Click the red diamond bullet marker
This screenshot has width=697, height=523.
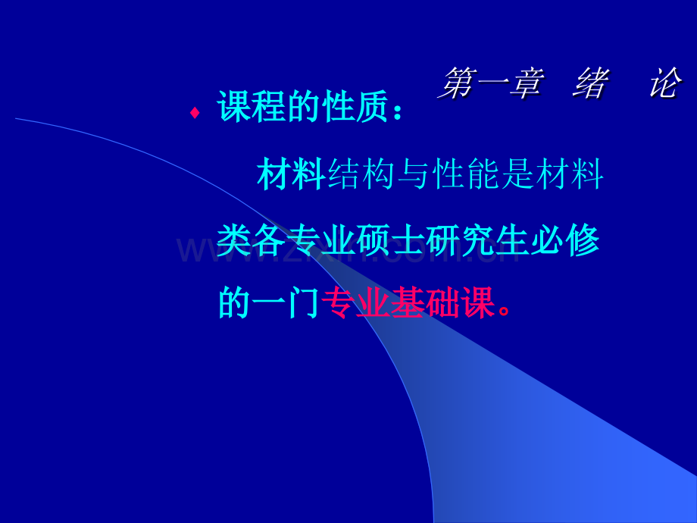pyautogui.click(x=194, y=113)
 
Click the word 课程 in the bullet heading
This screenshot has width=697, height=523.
pyautogui.click(x=252, y=107)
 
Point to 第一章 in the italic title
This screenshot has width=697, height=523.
pyautogui.click(x=490, y=83)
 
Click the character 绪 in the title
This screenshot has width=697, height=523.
pyautogui.click(x=591, y=83)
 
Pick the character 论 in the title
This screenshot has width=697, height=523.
pyautogui.click(x=664, y=83)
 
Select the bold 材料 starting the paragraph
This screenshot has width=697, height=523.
pyautogui.click(x=292, y=174)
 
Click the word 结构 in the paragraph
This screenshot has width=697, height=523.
pyautogui.click(x=361, y=174)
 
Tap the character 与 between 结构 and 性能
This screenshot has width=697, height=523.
pyautogui.click(x=413, y=174)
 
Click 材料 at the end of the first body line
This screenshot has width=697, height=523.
pyautogui.click(x=570, y=174)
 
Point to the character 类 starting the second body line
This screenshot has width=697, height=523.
pyautogui.click(x=234, y=240)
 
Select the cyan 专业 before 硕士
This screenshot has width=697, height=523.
pyautogui.click(x=320, y=240)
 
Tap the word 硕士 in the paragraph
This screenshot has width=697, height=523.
pyautogui.click(x=390, y=240)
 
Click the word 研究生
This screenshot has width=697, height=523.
pyautogui.click(x=477, y=240)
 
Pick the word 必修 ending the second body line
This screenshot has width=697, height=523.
pyautogui.click(x=565, y=240)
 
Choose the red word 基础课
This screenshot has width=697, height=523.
pyautogui.click(x=444, y=303)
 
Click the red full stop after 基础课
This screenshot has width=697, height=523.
pyautogui.click(x=505, y=310)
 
